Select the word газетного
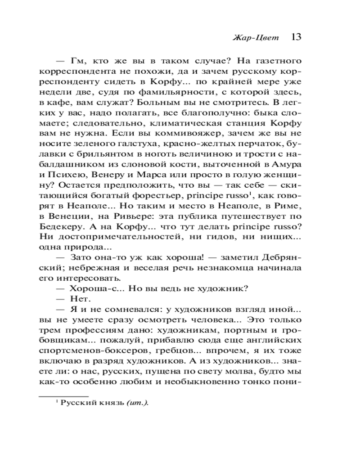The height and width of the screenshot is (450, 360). point(274,60)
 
